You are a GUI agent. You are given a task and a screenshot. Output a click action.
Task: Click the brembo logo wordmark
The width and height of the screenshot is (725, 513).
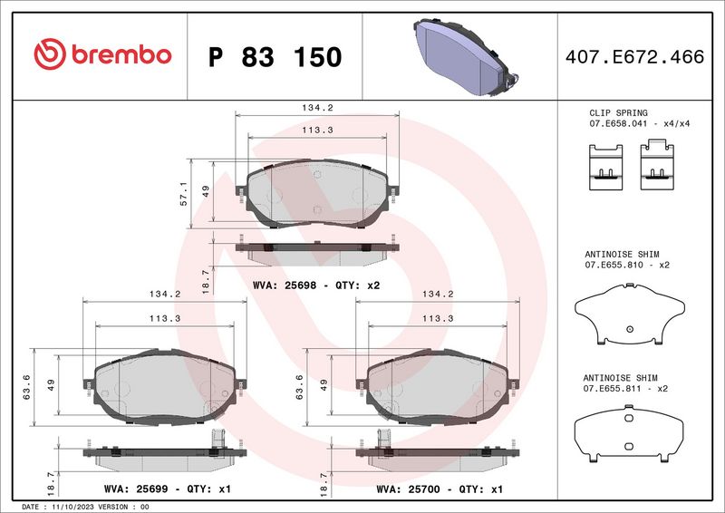click(101, 55)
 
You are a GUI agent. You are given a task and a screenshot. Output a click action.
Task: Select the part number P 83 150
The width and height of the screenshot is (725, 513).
click(275, 57)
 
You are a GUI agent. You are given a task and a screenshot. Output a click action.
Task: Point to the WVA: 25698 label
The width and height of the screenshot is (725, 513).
click(285, 284)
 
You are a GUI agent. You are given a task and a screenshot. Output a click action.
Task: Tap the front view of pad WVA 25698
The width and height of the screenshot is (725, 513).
click(317, 194)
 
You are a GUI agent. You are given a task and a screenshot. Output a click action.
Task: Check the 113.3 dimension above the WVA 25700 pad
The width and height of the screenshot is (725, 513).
click(437, 319)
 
